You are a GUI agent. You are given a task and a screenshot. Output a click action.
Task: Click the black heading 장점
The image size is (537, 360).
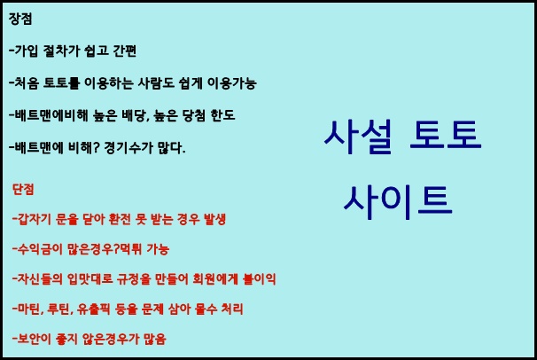[x=20, y=19]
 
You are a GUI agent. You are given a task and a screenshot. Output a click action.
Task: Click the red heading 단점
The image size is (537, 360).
[x=23, y=189]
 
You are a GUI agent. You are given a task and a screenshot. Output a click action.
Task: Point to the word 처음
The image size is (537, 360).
[x=27, y=83]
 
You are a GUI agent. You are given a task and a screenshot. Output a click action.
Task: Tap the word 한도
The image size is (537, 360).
[x=223, y=115]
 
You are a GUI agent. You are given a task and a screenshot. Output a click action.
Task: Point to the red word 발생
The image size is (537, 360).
[x=214, y=219]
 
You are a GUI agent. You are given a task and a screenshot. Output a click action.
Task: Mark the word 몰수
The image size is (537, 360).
[x=206, y=309]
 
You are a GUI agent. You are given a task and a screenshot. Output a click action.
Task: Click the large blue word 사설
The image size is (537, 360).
[x=357, y=137]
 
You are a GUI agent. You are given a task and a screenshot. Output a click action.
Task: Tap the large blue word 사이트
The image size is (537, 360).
[x=398, y=202]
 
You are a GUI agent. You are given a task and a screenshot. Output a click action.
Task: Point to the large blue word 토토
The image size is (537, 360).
[x=446, y=136]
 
